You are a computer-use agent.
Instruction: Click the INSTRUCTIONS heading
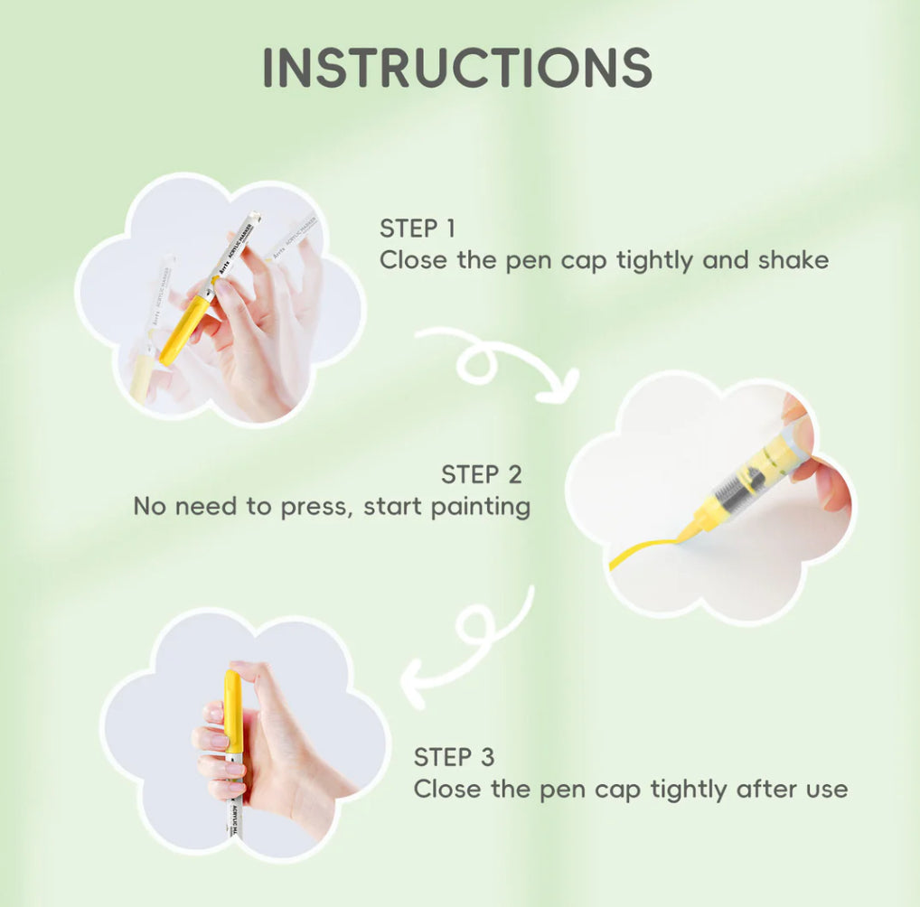click(457, 67)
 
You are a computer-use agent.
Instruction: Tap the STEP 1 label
click(418, 229)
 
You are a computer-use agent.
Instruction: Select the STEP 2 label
click(481, 474)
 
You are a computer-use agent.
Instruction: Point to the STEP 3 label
click(455, 757)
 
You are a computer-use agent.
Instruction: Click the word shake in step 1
click(793, 260)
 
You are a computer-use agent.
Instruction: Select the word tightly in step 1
click(654, 261)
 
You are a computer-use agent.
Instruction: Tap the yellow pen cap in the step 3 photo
click(233, 711)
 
